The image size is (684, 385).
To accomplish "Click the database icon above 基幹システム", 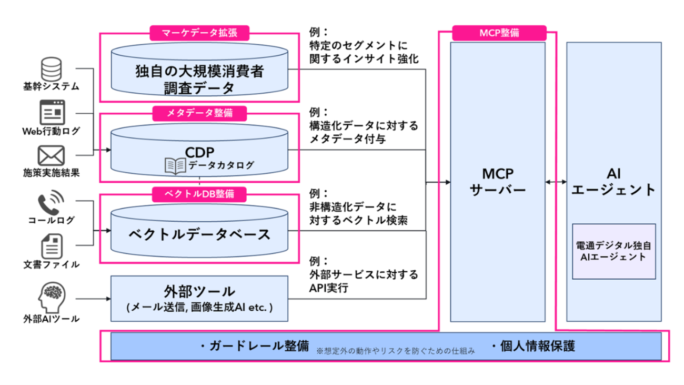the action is coord(52,69).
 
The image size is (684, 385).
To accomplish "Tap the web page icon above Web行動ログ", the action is coord(52,112).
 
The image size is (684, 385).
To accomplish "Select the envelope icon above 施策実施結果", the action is coord(51,155).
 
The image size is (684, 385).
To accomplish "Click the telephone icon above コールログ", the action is coord(51,202).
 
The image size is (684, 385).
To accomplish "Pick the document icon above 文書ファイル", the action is coord(52,246).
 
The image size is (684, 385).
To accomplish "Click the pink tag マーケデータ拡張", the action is coord(199,33).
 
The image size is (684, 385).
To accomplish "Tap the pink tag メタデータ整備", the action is coord(199,113).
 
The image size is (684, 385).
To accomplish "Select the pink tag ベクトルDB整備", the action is coord(199,194).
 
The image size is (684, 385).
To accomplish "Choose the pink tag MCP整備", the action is coord(499,33).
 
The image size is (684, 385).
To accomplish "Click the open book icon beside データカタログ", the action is coord(175,166).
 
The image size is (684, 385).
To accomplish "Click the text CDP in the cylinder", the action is coord(200,152).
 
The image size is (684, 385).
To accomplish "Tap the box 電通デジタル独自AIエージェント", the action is coord(614,251).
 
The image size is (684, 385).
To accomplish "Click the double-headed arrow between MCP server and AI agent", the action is coord(556,182).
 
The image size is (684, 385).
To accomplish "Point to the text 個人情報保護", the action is coord(537,346).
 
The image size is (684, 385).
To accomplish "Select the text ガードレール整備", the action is coord(259,346).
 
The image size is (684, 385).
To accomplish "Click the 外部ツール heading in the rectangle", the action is coord(199,291).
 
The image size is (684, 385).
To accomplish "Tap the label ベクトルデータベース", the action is coord(199,234).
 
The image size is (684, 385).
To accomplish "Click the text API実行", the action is coord(328,288).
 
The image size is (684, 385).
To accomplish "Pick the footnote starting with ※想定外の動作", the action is coord(396,351).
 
